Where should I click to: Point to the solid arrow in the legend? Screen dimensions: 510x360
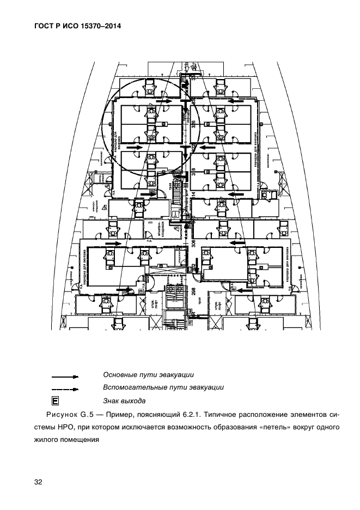pos(65,376)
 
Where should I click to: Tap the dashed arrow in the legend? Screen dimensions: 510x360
pos(65,389)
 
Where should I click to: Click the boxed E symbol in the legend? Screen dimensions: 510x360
pos(55,402)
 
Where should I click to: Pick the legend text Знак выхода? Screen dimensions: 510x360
pos(124,401)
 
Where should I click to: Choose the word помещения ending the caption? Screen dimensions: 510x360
pos(80,441)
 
